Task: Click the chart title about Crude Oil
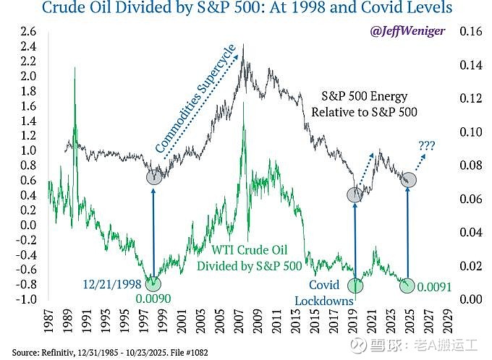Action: pyautogui.click(x=245, y=9)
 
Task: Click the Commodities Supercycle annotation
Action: pyautogui.click(x=197, y=108)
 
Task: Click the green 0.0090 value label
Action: pyautogui.click(x=153, y=299)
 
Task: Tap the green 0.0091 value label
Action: pyautogui.click(x=435, y=287)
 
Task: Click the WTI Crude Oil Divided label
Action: pyautogui.click(x=249, y=258)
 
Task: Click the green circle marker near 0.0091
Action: pyautogui.click(x=407, y=286)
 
